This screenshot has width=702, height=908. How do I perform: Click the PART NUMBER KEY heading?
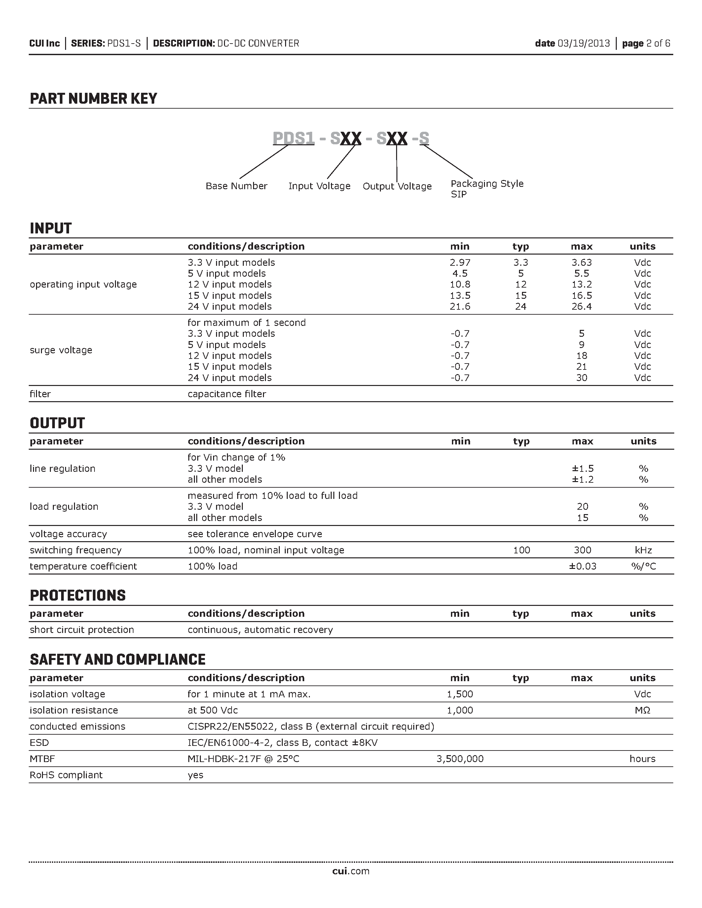coord(93,99)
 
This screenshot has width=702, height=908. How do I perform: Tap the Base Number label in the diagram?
coord(236,186)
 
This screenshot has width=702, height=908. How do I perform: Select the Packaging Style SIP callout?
coord(487,189)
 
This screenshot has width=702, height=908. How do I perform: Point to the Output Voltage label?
coord(397,186)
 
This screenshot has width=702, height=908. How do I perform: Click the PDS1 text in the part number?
coord(293,138)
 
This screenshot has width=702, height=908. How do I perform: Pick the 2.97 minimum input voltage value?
coord(460,262)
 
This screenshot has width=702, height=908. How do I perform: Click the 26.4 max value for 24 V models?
coord(581,306)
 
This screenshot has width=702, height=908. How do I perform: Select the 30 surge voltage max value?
coord(581,377)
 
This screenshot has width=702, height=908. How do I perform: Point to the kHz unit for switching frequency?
coord(643,550)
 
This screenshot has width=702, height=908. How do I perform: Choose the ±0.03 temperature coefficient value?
coord(582,566)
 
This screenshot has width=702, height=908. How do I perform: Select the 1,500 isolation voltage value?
coord(460,694)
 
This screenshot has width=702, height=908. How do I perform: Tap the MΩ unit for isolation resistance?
coord(642,710)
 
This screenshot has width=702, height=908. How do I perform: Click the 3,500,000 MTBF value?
coord(460,759)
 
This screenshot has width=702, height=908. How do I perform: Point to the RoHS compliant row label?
coord(66,775)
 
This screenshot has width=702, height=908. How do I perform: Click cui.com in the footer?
coord(351,871)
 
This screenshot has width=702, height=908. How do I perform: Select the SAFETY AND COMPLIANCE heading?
coord(118,660)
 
